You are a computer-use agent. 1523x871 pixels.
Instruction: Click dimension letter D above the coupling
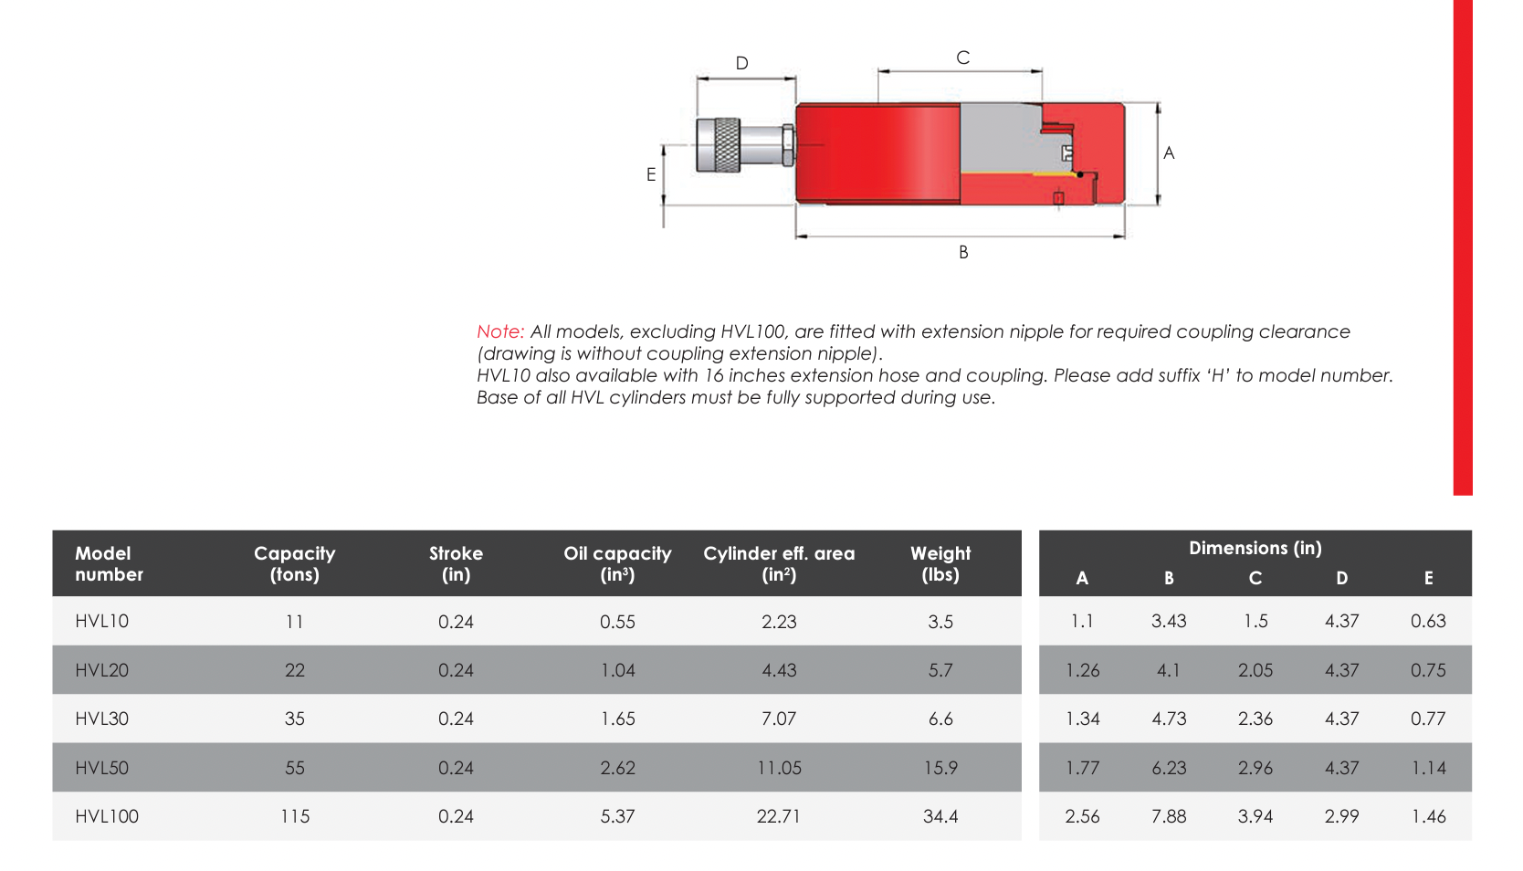[x=741, y=63]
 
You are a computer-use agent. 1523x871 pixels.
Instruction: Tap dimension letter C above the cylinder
[x=962, y=58]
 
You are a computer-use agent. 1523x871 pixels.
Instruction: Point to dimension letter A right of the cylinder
[x=1169, y=153]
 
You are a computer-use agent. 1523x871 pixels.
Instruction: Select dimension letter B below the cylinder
[x=963, y=252]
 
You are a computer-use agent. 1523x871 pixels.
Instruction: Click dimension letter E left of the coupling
[x=651, y=174]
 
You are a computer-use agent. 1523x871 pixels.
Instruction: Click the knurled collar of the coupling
[x=719, y=145]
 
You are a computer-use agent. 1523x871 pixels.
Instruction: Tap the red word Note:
[x=500, y=331]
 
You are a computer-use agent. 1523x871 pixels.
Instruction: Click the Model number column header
[x=109, y=563]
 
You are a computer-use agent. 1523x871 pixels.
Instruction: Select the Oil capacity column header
[x=617, y=563]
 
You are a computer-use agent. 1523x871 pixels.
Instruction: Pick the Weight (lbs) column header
[x=940, y=563]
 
